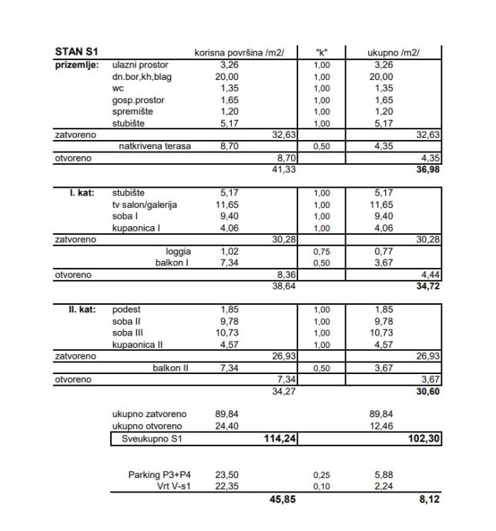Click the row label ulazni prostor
[140, 65]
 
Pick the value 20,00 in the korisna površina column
[226, 77]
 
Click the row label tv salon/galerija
[144, 205]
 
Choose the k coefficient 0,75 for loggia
[322, 251]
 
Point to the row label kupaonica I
[136, 228]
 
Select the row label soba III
[128, 333]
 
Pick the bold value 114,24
[278, 439]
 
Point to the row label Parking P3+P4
[159, 475]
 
